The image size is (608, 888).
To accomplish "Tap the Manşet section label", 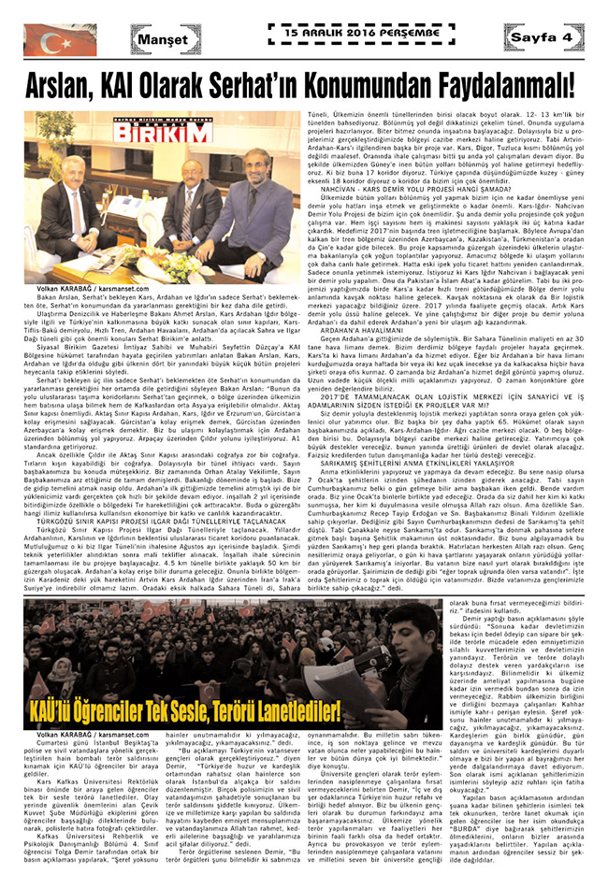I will pyautogui.click(x=161, y=40).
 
